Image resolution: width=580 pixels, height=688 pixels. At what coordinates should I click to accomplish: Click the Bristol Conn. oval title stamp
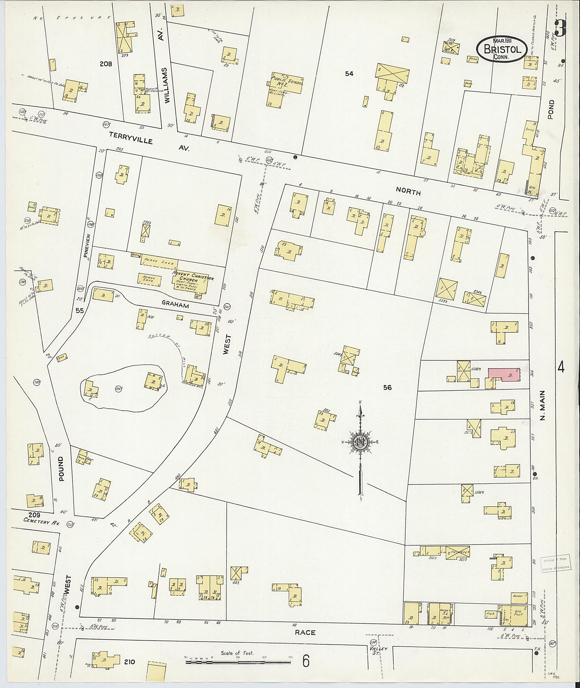[501, 48]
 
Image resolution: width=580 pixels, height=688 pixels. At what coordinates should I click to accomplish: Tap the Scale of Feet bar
[238, 662]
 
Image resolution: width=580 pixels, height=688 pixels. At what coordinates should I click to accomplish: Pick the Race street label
[305, 632]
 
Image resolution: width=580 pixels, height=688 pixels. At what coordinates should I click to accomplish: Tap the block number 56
[387, 387]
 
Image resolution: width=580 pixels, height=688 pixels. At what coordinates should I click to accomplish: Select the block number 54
[349, 73]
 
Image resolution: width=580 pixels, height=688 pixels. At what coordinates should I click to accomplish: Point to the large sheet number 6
[305, 662]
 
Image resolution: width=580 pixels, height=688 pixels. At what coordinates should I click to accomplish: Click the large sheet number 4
[561, 366]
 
